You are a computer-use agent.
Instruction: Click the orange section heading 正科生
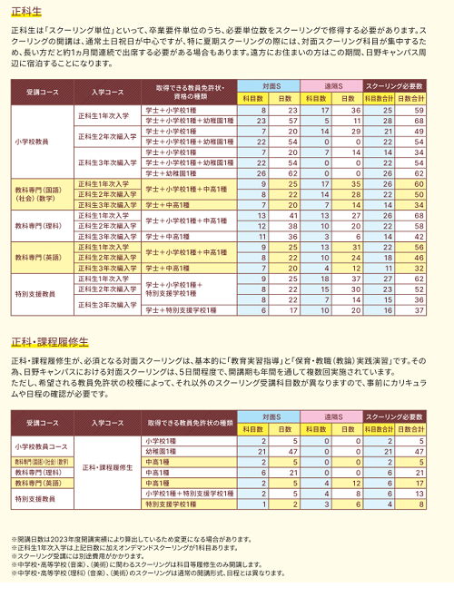tap(28, 14)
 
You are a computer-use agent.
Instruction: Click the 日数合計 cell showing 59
tap(417, 110)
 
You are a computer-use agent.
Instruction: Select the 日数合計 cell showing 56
tap(417, 247)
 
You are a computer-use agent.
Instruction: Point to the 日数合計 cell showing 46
tap(417, 257)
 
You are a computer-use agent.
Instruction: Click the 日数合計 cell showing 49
tap(417, 130)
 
